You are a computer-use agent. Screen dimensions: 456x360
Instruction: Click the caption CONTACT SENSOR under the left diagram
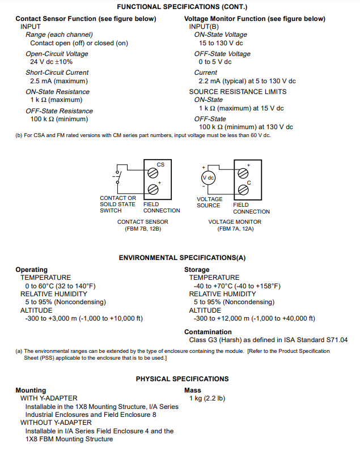pos(143,222)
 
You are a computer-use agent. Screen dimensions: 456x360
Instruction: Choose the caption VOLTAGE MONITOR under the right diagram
pos(235,222)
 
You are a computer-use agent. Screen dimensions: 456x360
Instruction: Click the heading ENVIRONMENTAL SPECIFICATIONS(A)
pos(182,258)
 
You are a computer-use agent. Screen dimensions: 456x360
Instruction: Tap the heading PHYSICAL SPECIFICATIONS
pos(182,379)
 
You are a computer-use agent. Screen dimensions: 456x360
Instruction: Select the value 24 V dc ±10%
pos(52,62)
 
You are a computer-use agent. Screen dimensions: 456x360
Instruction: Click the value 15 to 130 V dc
pos(221,42)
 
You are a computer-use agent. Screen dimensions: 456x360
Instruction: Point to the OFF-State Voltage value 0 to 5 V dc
pos(215,62)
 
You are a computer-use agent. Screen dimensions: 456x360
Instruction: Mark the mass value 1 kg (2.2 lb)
pos(207,398)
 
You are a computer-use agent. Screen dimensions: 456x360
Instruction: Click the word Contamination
pos(209,332)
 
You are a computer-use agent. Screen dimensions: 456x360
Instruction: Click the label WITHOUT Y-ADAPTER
pos(56,423)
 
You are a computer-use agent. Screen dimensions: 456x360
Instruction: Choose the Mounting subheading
pos(31,390)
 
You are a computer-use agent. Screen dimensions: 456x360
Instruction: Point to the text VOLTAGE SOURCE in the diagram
pos(209,202)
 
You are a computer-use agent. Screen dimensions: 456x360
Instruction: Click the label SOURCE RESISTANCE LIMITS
pos(238,92)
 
